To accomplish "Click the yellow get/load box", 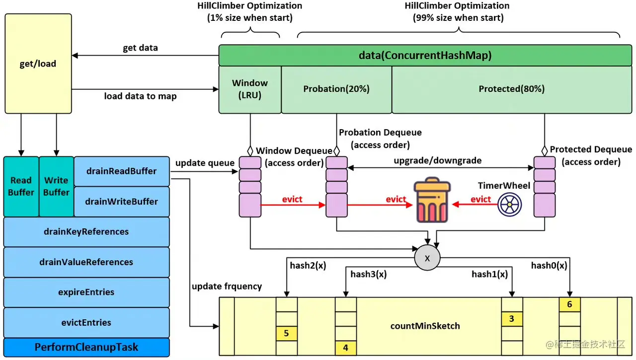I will point(38,64).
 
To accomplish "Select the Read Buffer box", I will point(21,186).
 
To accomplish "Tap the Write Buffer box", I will point(56,186).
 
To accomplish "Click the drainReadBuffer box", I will point(122,171).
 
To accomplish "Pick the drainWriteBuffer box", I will point(122,202).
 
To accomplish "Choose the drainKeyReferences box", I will point(86,232).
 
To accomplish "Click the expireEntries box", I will point(86,292).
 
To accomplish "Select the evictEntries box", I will point(86,323).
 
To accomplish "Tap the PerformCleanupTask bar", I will point(86,347).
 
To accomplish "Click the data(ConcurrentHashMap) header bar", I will point(425,56).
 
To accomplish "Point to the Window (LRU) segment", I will point(250,89).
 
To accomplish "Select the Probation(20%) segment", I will point(336,89).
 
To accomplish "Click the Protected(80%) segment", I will point(511,89).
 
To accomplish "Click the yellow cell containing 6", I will point(569,304).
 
